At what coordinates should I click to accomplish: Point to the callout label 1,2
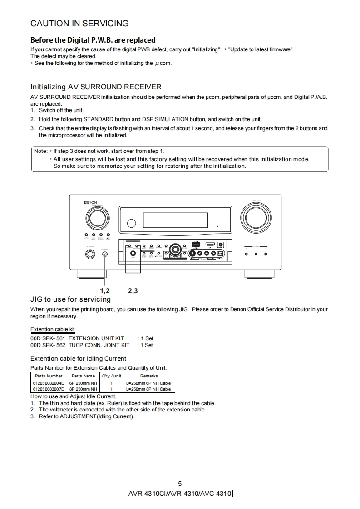(105, 290)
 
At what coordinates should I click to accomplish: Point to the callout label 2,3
(133, 290)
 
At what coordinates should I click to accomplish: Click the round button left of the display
(131, 223)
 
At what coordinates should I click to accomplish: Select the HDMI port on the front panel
(210, 245)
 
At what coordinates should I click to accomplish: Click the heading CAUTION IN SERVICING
(79, 24)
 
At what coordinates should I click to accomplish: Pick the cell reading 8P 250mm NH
(83, 389)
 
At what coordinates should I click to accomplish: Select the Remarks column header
(149, 376)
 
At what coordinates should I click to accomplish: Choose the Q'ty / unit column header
(111, 376)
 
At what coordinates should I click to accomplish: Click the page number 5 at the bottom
(180, 484)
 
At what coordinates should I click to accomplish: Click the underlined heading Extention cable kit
(53, 329)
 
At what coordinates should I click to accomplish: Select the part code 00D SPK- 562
(48, 345)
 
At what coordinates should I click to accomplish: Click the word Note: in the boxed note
(41, 151)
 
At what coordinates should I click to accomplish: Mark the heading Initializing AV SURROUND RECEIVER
(95, 87)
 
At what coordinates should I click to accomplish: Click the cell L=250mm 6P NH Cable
(149, 383)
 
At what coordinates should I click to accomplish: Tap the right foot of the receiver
(259, 274)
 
